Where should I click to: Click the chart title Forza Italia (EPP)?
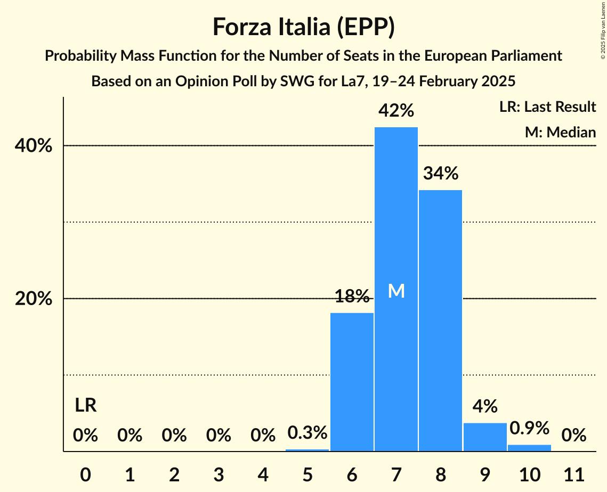coord(303,27)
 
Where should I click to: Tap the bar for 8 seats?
coord(440,319)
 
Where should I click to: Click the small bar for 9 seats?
coord(485,437)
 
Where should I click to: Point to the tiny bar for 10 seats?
coord(529,448)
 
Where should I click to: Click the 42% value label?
coord(396,111)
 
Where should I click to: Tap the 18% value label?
coord(352,296)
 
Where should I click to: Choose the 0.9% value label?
coord(529,428)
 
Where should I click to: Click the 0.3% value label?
coord(307,433)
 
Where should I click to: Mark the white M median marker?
coord(396,291)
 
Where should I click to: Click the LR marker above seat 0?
coord(85,406)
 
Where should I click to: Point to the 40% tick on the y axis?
coord(34,146)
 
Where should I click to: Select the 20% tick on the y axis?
coord(34,299)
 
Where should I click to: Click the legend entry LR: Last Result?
coord(547,107)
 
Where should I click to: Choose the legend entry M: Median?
coord(560,132)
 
